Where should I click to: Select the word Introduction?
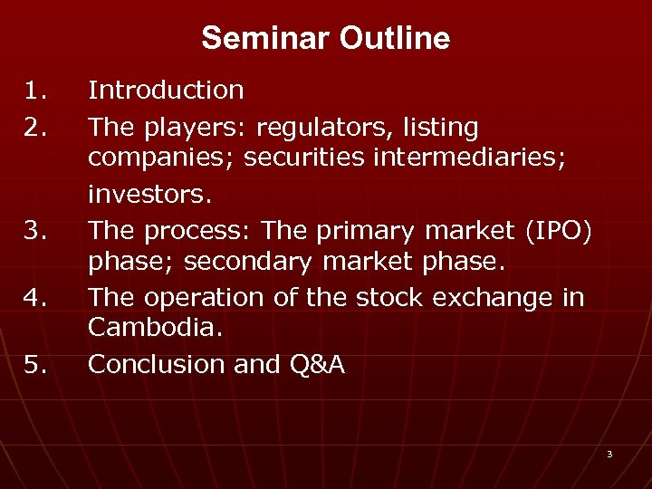166,90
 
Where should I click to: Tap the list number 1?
34,90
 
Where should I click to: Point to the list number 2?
34,128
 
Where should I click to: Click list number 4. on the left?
34,297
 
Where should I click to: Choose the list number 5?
34,364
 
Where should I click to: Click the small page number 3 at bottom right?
609,454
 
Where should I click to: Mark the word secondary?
237,262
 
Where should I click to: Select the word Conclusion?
156,364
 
